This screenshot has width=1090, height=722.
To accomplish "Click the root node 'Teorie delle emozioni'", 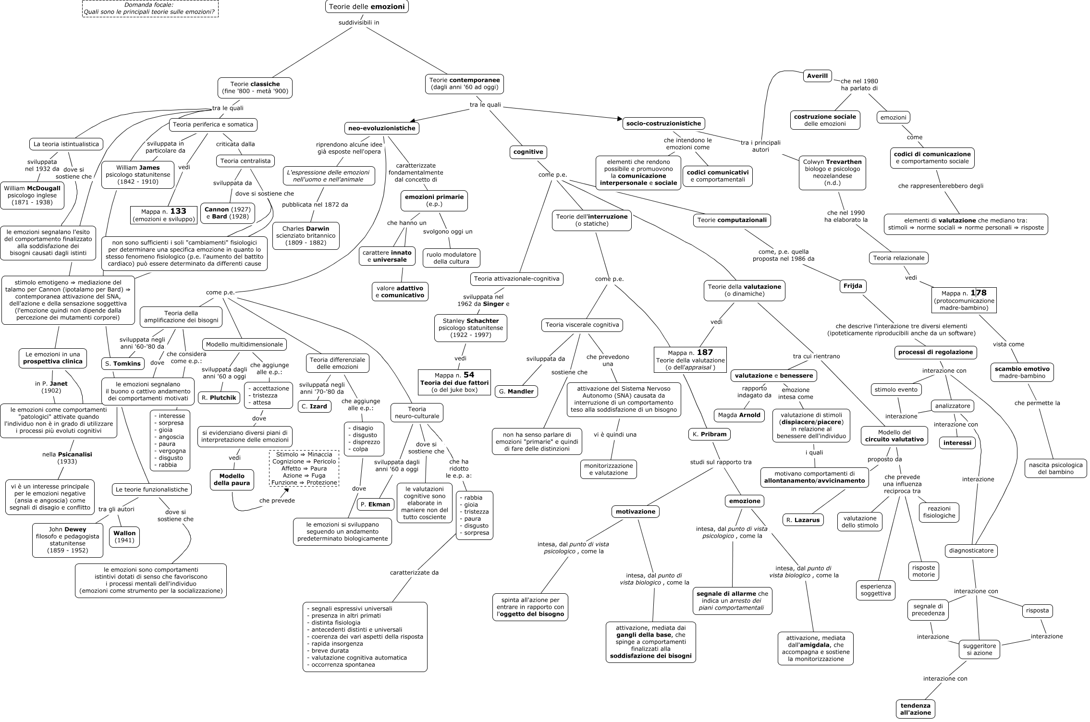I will click(x=367, y=7).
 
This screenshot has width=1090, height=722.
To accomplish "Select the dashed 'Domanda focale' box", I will click(x=150, y=9).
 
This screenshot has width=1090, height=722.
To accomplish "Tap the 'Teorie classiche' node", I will click(x=255, y=87).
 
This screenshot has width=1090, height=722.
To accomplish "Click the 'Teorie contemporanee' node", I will click(x=464, y=84).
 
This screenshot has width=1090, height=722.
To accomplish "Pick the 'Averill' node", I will click(x=817, y=76).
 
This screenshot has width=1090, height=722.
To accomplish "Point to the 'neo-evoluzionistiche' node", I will click(x=382, y=128).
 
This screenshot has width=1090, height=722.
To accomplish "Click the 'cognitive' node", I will click(x=528, y=152).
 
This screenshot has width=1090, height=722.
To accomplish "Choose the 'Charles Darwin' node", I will click(x=306, y=235).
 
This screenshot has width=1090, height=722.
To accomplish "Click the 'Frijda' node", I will click(x=853, y=286).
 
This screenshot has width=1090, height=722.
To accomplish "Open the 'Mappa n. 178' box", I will click(x=964, y=300).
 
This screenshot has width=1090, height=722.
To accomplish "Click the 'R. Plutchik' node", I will click(x=219, y=398).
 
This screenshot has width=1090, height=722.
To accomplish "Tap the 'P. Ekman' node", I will click(x=376, y=504).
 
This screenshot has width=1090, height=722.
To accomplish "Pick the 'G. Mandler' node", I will click(x=516, y=392).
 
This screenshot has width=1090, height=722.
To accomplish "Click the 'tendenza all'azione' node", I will click(x=915, y=709).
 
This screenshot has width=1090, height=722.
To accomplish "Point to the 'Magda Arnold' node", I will click(x=739, y=415).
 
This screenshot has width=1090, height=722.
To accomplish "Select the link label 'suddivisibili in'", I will click(x=359, y=22).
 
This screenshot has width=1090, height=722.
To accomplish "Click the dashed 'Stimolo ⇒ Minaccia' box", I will click(x=304, y=468).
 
